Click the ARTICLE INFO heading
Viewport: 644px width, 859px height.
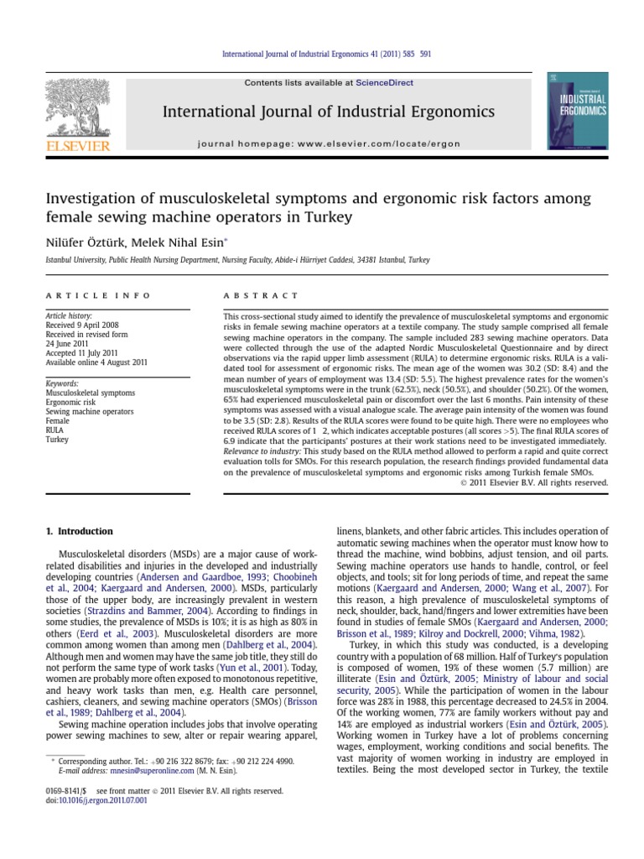pyautogui.click(x=98, y=296)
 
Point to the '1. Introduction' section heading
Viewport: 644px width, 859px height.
pyautogui.click(x=77, y=532)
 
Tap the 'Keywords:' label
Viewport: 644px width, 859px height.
pyautogui.click(x=63, y=383)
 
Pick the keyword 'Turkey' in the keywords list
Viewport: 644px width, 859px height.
pyautogui.click(x=58, y=439)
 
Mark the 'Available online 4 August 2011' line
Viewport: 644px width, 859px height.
pyautogui.click(x=96, y=362)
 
